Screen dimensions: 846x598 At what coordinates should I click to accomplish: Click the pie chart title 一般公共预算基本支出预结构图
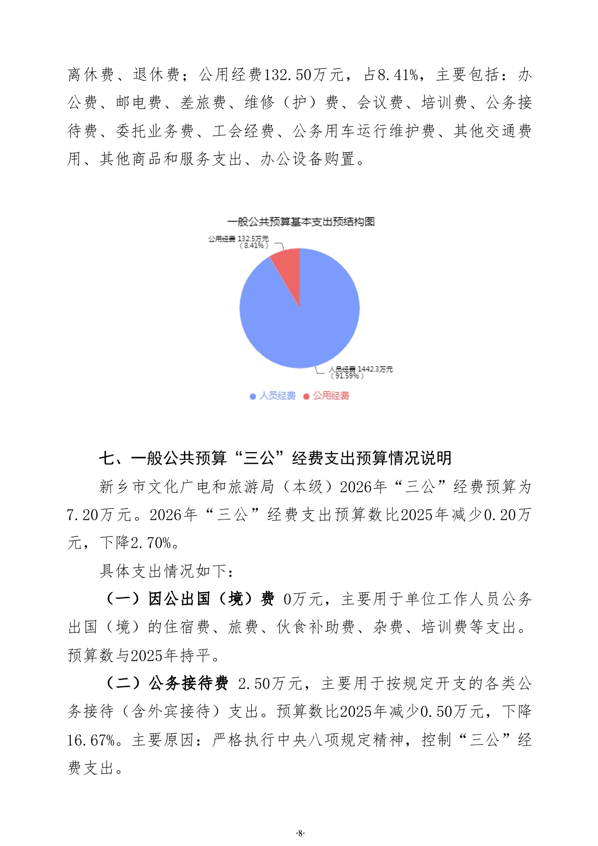click(x=301, y=222)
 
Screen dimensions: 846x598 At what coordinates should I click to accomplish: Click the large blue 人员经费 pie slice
click(x=302, y=322)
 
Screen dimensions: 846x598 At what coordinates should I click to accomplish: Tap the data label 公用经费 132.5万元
click(x=238, y=239)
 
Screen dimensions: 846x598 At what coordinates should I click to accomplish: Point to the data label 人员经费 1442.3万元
click(x=361, y=369)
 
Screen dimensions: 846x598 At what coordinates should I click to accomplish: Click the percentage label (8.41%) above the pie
click(x=254, y=246)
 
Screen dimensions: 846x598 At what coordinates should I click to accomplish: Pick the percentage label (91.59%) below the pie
click(x=347, y=376)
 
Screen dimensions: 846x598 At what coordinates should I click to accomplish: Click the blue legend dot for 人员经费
click(x=253, y=396)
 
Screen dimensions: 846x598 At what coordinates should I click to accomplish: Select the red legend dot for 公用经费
click(x=307, y=396)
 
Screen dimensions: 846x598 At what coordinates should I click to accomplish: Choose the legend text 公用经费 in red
click(x=331, y=396)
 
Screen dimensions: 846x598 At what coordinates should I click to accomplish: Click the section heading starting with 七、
click(x=275, y=458)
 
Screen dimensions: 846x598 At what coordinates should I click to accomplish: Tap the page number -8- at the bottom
click(x=300, y=833)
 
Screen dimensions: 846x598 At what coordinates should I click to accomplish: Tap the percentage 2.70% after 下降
click(x=151, y=543)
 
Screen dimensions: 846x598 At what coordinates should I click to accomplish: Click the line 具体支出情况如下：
click(x=166, y=571)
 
